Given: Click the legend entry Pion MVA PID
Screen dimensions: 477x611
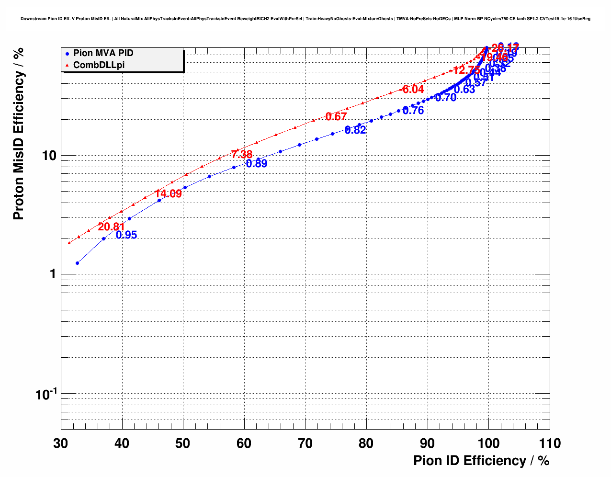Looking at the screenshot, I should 103,53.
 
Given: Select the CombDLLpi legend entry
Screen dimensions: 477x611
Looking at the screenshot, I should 99,65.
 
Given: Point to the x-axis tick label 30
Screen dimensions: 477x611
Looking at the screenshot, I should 61,443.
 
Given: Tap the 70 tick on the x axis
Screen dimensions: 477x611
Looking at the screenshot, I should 305,443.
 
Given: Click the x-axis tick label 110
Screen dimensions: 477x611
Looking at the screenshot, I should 549,443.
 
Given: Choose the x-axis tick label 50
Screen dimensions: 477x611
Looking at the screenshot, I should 183,443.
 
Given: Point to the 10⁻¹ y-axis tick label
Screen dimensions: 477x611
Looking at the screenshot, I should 46,395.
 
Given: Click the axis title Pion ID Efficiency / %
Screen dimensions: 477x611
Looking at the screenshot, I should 481,461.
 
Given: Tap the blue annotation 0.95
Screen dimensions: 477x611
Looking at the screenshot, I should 126,235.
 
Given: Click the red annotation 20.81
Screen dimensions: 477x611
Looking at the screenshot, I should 111,227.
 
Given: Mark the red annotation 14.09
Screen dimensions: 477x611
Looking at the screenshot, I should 169,194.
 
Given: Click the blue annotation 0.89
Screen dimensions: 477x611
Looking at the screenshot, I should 257,164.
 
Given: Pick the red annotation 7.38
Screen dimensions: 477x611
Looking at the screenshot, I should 241,155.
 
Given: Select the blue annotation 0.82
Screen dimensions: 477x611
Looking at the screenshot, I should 355,130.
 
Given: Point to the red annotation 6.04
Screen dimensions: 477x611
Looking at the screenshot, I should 413,90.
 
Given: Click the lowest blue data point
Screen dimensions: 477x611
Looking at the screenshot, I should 78,263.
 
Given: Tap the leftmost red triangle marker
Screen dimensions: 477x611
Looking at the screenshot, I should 69,243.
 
